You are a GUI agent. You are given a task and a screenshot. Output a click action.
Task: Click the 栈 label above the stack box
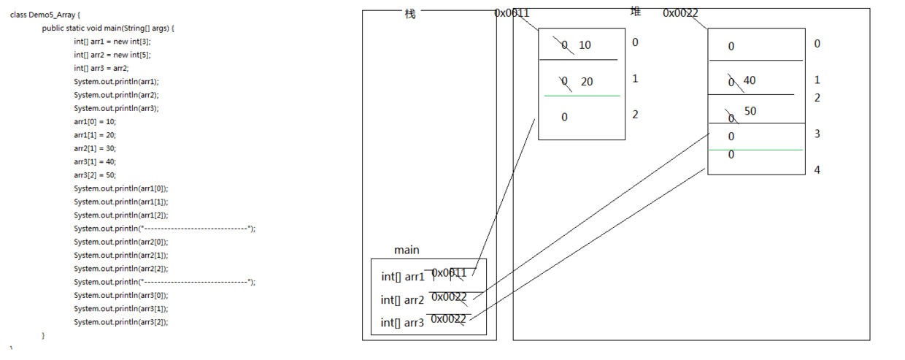[x=410, y=14]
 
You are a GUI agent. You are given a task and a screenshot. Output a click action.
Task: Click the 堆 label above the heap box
[x=636, y=12]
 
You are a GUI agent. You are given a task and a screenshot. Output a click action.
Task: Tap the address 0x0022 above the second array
[x=681, y=13]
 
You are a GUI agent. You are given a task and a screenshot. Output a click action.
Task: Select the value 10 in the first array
[x=585, y=45]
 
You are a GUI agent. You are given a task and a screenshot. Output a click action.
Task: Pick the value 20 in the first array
[x=587, y=82]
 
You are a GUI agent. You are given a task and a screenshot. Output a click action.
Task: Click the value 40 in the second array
[x=749, y=80]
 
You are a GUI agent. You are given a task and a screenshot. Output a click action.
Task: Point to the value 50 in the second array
[x=750, y=112]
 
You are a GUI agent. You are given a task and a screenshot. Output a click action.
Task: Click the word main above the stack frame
[x=407, y=250]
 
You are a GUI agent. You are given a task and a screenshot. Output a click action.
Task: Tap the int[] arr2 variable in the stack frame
[x=402, y=300]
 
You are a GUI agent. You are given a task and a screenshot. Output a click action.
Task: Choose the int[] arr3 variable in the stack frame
[x=402, y=323]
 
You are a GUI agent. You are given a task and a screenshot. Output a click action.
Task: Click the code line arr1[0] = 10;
[x=95, y=121]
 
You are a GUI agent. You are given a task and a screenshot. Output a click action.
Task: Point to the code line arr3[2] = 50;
[x=95, y=175]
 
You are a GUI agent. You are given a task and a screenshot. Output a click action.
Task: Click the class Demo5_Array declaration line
[x=45, y=15]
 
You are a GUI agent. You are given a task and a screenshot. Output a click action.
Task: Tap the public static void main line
[x=108, y=28]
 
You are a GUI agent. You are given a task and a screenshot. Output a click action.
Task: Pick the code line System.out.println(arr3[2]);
[x=120, y=322]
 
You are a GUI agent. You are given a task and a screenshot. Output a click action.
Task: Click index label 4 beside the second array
[x=817, y=170]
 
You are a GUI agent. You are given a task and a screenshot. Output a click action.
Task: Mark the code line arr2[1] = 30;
[x=95, y=148]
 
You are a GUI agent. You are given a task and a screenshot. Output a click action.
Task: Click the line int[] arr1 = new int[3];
[x=112, y=42]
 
